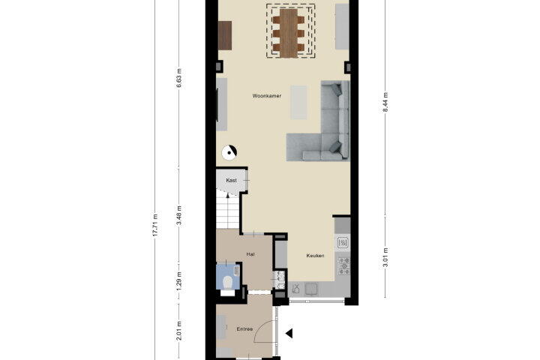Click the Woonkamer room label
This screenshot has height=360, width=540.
(x=266, y=96)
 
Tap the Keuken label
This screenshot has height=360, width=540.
(x=315, y=256)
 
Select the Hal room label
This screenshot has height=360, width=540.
(x=250, y=254)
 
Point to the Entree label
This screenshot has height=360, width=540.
(x=244, y=329)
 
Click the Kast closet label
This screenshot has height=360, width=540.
(x=231, y=180)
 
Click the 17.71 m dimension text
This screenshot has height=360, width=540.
(x=155, y=225)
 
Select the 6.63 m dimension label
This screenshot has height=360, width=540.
(x=179, y=78)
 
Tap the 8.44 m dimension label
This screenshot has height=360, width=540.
(x=385, y=102)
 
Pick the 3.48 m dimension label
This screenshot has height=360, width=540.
(x=179, y=215)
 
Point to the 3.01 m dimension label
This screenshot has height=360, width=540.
(x=385, y=257)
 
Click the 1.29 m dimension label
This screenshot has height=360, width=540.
(x=179, y=280)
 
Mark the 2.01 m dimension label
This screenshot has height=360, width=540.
(x=179, y=331)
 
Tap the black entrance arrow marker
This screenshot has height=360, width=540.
(x=289, y=333)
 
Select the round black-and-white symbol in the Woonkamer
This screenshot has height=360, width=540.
(x=229, y=152)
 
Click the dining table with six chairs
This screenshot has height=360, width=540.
(x=289, y=33)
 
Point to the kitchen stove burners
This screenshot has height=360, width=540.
(x=343, y=266)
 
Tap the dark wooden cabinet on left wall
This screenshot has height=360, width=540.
(x=225, y=35)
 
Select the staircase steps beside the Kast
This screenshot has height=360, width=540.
(x=228, y=211)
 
